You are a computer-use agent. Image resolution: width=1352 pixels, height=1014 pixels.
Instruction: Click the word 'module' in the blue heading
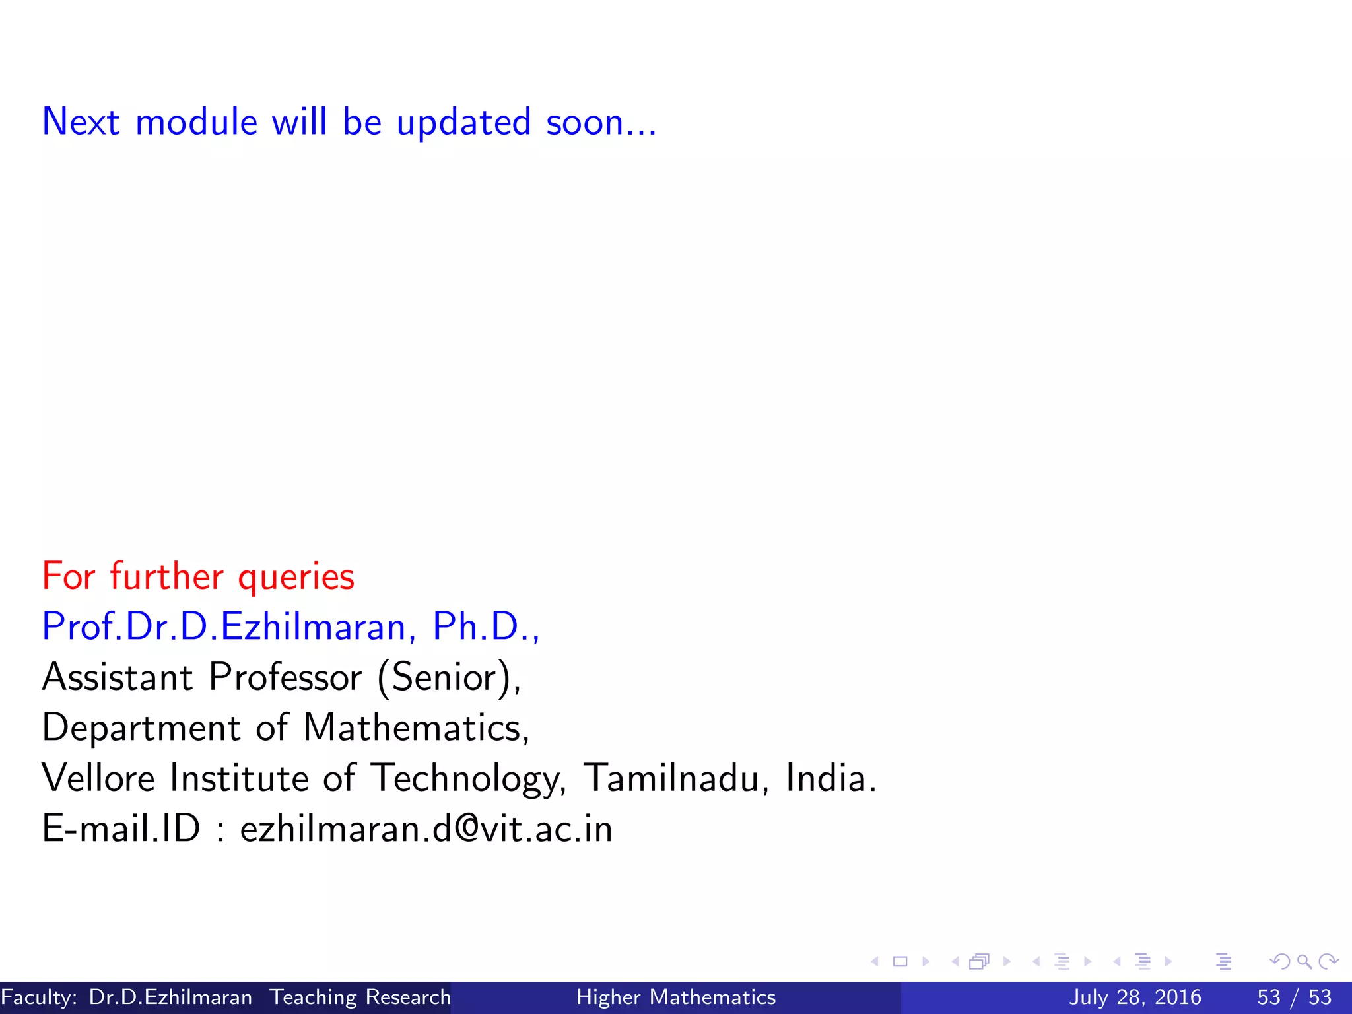pos(196,122)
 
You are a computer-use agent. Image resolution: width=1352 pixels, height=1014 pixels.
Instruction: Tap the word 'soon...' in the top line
pos(601,122)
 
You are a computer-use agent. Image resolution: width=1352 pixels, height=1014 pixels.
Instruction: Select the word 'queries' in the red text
pos(296,576)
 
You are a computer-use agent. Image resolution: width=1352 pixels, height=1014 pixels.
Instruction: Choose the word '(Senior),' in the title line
pos(449,677)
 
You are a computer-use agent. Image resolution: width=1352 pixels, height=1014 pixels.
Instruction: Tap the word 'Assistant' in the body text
pos(118,677)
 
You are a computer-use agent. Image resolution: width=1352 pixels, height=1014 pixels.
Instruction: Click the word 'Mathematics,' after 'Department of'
pos(416,727)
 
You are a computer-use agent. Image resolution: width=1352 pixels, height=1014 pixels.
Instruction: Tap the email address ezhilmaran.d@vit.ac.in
pos(426,828)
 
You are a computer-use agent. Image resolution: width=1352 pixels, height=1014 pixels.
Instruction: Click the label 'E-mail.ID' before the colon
pos(121,828)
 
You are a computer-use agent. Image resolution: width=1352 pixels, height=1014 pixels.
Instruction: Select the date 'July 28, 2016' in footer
pos(1135,997)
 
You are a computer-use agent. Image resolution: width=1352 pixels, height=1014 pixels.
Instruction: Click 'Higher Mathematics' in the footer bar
pos(676,997)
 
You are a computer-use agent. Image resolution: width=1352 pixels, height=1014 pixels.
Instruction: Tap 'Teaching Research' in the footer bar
pos(360,997)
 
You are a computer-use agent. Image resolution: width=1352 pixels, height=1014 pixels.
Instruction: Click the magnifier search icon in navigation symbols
pos(1304,961)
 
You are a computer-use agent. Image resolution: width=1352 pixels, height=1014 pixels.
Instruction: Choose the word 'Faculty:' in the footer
pos(39,997)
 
